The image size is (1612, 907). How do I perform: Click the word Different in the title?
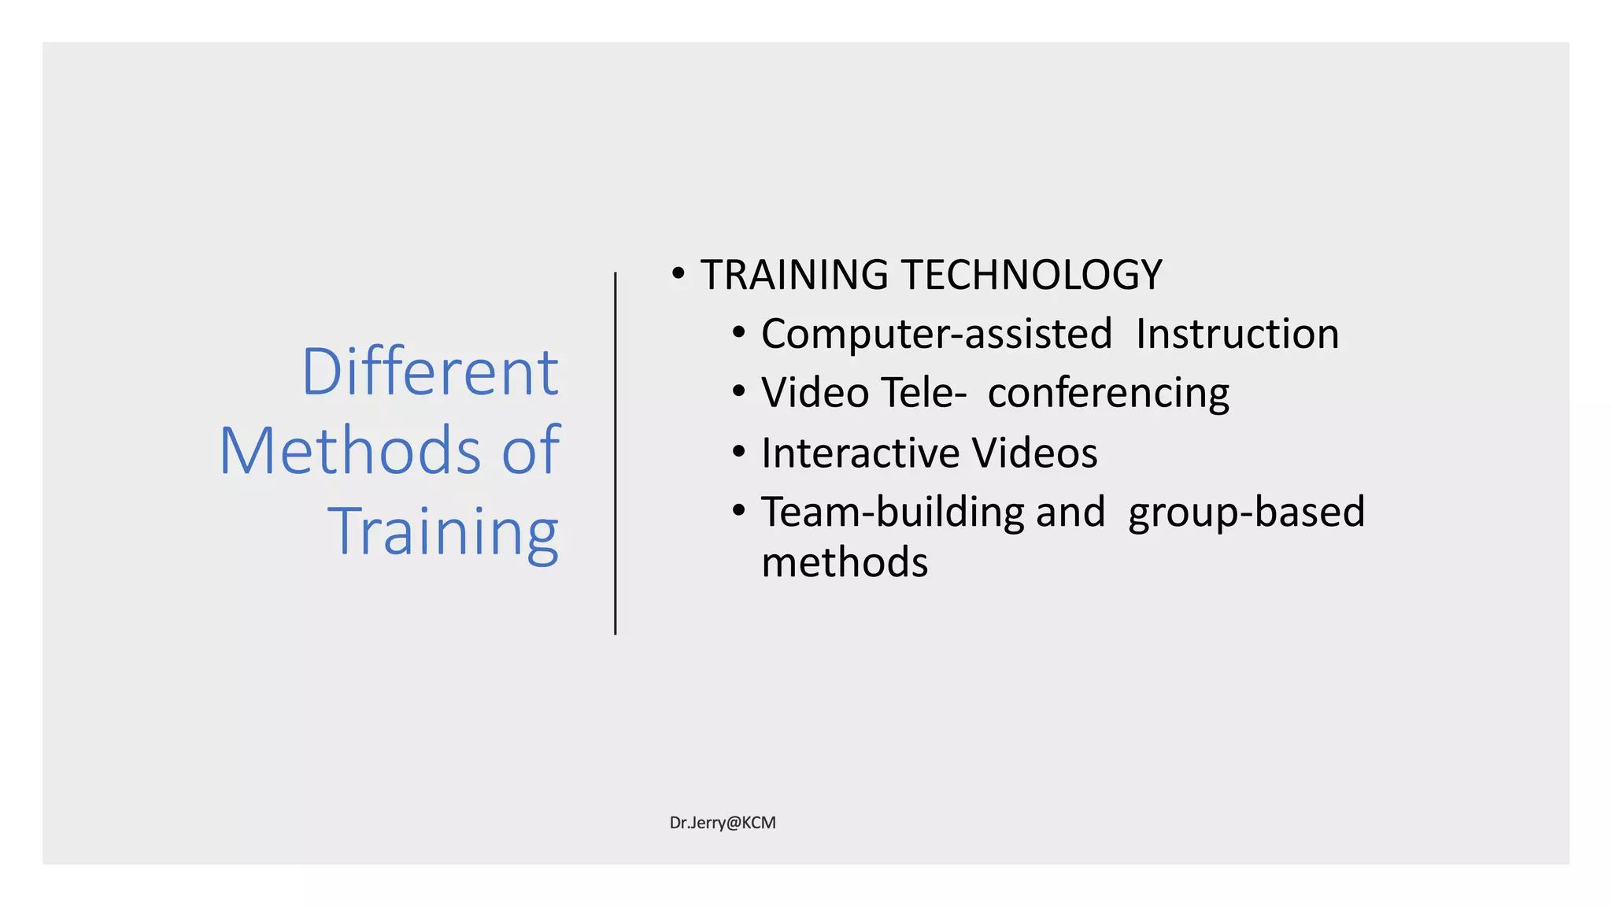tap(430, 372)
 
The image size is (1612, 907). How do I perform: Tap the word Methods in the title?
tap(349, 451)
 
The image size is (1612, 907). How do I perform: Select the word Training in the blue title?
tap(443, 532)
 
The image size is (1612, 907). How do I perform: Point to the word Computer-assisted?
tap(937, 334)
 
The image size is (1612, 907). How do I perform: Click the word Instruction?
tap(1237, 334)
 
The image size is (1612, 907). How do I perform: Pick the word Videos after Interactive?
tap(1034, 453)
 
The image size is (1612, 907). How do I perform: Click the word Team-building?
tap(893, 513)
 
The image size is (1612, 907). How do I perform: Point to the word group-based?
tap(1246, 513)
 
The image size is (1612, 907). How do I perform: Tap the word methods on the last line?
tap(845, 562)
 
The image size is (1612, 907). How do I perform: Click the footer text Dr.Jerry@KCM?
tap(723, 823)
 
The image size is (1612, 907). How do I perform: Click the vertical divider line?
tap(616, 453)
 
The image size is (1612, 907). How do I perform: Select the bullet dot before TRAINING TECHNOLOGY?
tap(678, 275)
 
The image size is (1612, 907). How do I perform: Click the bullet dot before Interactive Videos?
tap(738, 453)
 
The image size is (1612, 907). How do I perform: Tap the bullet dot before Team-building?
tap(738, 511)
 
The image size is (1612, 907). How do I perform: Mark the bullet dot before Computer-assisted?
tap(738, 333)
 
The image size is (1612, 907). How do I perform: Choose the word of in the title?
tap(531, 451)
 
